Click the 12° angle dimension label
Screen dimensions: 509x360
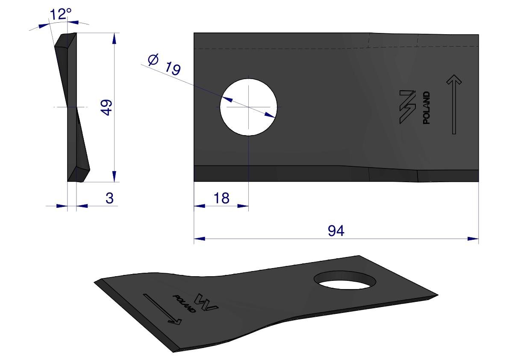[x=60, y=14]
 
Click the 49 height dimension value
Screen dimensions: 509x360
[x=107, y=107]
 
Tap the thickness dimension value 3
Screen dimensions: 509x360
[x=110, y=198]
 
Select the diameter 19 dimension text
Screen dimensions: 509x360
[x=164, y=64]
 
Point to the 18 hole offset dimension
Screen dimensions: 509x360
[x=221, y=198]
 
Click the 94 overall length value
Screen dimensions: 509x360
[x=336, y=231]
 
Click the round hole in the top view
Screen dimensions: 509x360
[x=249, y=107]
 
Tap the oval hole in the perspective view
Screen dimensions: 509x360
[x=345, y=280]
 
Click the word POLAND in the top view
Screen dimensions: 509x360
[x=427, y=107]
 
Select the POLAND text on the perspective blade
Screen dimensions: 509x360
[x=184, y=304]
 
